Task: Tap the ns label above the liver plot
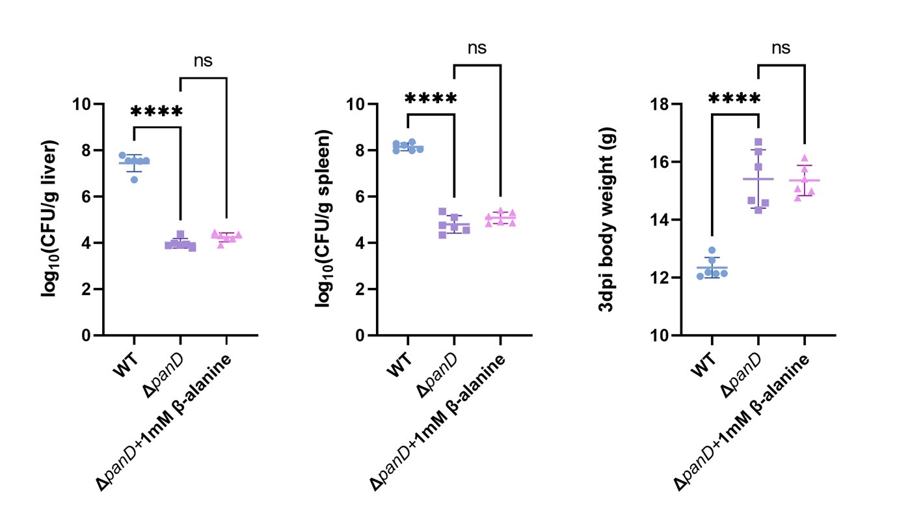203,61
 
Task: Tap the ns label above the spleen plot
476,48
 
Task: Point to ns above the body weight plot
781,48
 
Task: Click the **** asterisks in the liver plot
157,111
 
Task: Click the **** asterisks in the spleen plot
431,99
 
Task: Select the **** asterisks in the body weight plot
734,99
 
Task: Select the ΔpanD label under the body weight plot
745,373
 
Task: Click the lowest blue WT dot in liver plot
134,179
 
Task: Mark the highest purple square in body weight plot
758,142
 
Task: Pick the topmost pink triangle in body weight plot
804,158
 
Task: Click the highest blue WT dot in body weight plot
712,250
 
